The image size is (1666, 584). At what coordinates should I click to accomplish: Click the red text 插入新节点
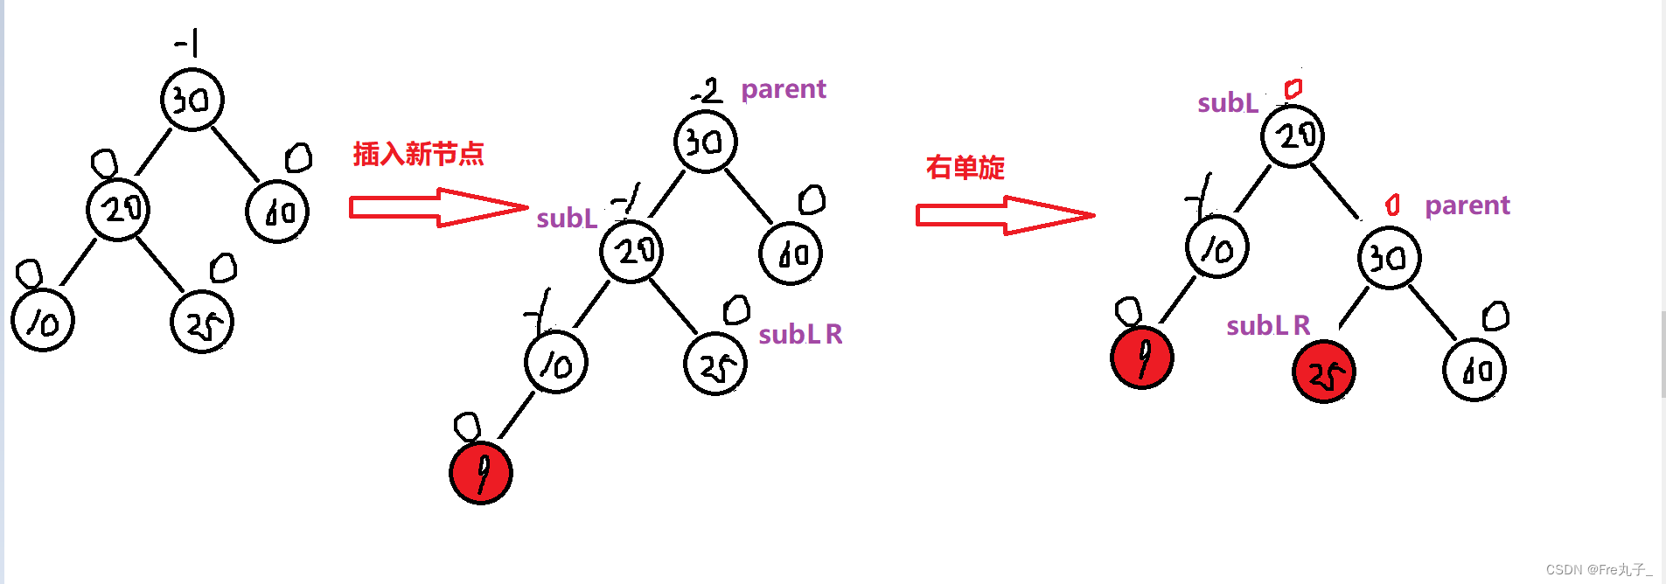[418, 154]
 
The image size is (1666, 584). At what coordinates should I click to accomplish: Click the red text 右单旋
[965, 167]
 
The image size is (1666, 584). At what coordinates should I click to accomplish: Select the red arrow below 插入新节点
[437, 208]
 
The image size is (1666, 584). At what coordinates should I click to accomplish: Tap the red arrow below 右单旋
[1004, 215]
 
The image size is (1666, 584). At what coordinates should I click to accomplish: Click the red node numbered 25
[1323, 372]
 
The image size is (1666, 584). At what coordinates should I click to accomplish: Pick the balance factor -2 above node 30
[707, 90]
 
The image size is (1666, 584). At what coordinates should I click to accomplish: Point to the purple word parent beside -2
[783, 89]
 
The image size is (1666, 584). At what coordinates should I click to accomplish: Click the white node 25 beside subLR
[715, 364]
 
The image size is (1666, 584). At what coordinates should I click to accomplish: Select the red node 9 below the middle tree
[480, 473]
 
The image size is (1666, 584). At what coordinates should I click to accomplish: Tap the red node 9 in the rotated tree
[1141, 358]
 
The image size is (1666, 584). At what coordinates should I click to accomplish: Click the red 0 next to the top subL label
[1293, 88]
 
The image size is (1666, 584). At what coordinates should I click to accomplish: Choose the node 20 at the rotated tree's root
[1293, 136]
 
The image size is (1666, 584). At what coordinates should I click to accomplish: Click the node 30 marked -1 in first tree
[192, 100]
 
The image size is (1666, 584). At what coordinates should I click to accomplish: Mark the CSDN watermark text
[1599, 569]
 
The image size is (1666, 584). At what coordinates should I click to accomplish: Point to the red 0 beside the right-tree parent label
[1392, 205]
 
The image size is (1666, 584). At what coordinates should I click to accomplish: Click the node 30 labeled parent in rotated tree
[1389, 258]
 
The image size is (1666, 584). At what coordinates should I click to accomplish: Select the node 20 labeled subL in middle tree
[631, 252]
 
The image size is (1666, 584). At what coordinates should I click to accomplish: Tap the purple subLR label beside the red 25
[1267, 326]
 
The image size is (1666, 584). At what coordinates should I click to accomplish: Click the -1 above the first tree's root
[187, 42]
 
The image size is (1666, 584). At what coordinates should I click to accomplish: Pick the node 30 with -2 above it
[705, 142]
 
